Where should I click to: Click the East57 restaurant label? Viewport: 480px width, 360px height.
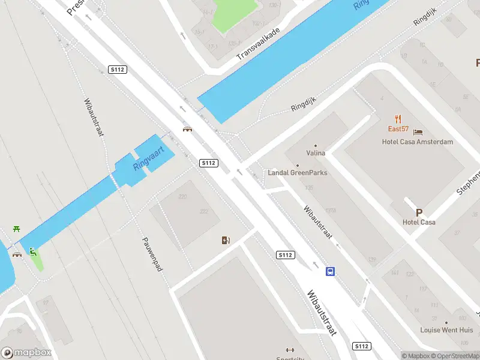point(398,129)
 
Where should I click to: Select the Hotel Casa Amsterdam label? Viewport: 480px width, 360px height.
point(418,142)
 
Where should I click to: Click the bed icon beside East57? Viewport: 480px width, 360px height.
point(418,131)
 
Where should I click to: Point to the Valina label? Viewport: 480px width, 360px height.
point(316,153)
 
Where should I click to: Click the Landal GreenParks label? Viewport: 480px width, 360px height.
point(298,173)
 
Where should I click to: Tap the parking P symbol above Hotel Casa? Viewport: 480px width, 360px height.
point(419,212)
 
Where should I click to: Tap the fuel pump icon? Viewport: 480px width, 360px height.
point(226,241)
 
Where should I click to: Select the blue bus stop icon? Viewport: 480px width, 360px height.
point(330,271)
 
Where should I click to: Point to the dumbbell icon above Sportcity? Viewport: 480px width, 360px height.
point(290,350)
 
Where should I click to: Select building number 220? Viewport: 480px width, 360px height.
point(182,197)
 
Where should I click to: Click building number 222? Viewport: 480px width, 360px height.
point(204,211)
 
